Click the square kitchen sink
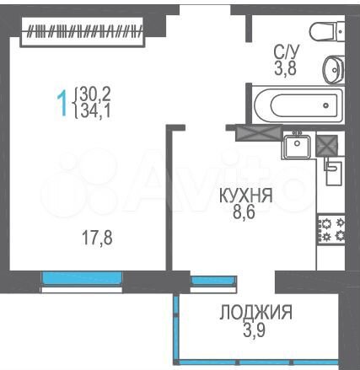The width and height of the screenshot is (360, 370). click(298, 147)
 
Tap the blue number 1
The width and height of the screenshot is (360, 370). click(62, 103)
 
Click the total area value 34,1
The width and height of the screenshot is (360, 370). click(95, 110)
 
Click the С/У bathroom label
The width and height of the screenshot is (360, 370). click(285, 52)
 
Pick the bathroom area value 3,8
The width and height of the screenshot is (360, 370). click(285, 70)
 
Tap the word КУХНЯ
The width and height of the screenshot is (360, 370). click(244, 196)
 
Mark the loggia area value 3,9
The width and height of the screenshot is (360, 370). click(256, 331)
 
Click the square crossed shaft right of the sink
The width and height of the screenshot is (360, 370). click(327, 145)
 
